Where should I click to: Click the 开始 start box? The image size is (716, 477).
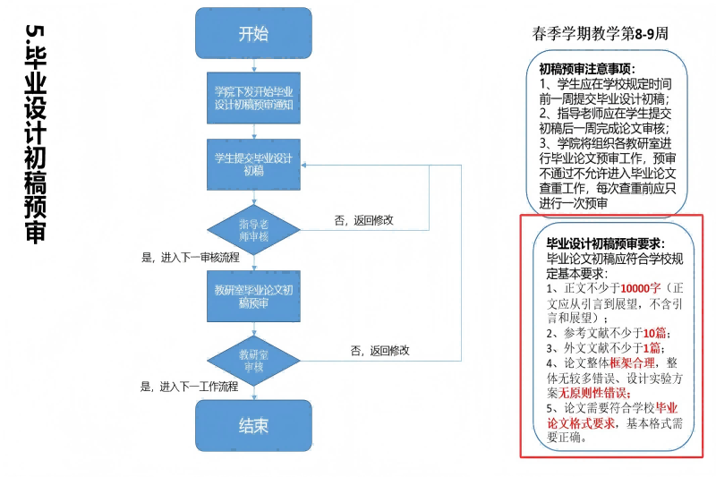coord(253,34)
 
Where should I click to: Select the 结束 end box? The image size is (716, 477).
coord(253,426)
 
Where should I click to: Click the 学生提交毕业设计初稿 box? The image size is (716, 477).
coord(253,165)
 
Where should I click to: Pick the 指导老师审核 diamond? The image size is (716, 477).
coord(253,229)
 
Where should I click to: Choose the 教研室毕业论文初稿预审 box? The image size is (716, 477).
coord(253,297)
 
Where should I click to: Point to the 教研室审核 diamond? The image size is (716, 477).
coord(253,361)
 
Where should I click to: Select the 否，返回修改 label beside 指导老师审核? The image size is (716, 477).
coord(363,220)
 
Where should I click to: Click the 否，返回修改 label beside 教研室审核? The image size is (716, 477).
coord(380,351)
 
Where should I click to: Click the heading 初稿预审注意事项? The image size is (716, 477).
coord(587,68)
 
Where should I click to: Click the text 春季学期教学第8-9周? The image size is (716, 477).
coord(601,34)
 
